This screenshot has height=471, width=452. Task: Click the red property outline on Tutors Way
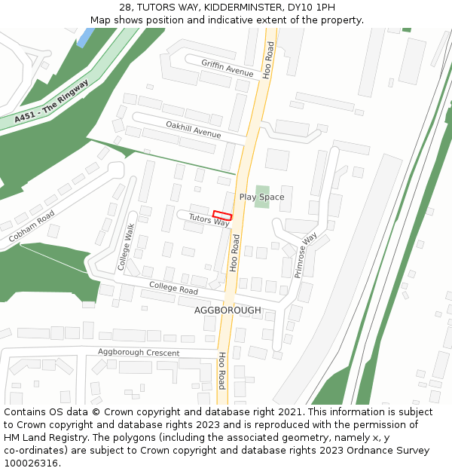222,215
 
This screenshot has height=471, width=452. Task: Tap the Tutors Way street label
209,220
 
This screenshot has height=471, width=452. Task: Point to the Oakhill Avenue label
194,129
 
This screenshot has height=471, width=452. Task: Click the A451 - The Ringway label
50,102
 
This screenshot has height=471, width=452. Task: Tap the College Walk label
125,246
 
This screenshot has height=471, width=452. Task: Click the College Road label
173,287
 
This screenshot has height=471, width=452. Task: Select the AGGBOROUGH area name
228,310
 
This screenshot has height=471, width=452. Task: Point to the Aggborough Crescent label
139,353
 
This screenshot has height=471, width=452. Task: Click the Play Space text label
261,197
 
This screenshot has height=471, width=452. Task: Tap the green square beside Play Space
261,196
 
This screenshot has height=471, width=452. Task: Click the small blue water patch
85,37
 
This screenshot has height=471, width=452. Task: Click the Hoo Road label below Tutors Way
235,252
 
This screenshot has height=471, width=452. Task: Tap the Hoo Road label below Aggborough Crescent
222,370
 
